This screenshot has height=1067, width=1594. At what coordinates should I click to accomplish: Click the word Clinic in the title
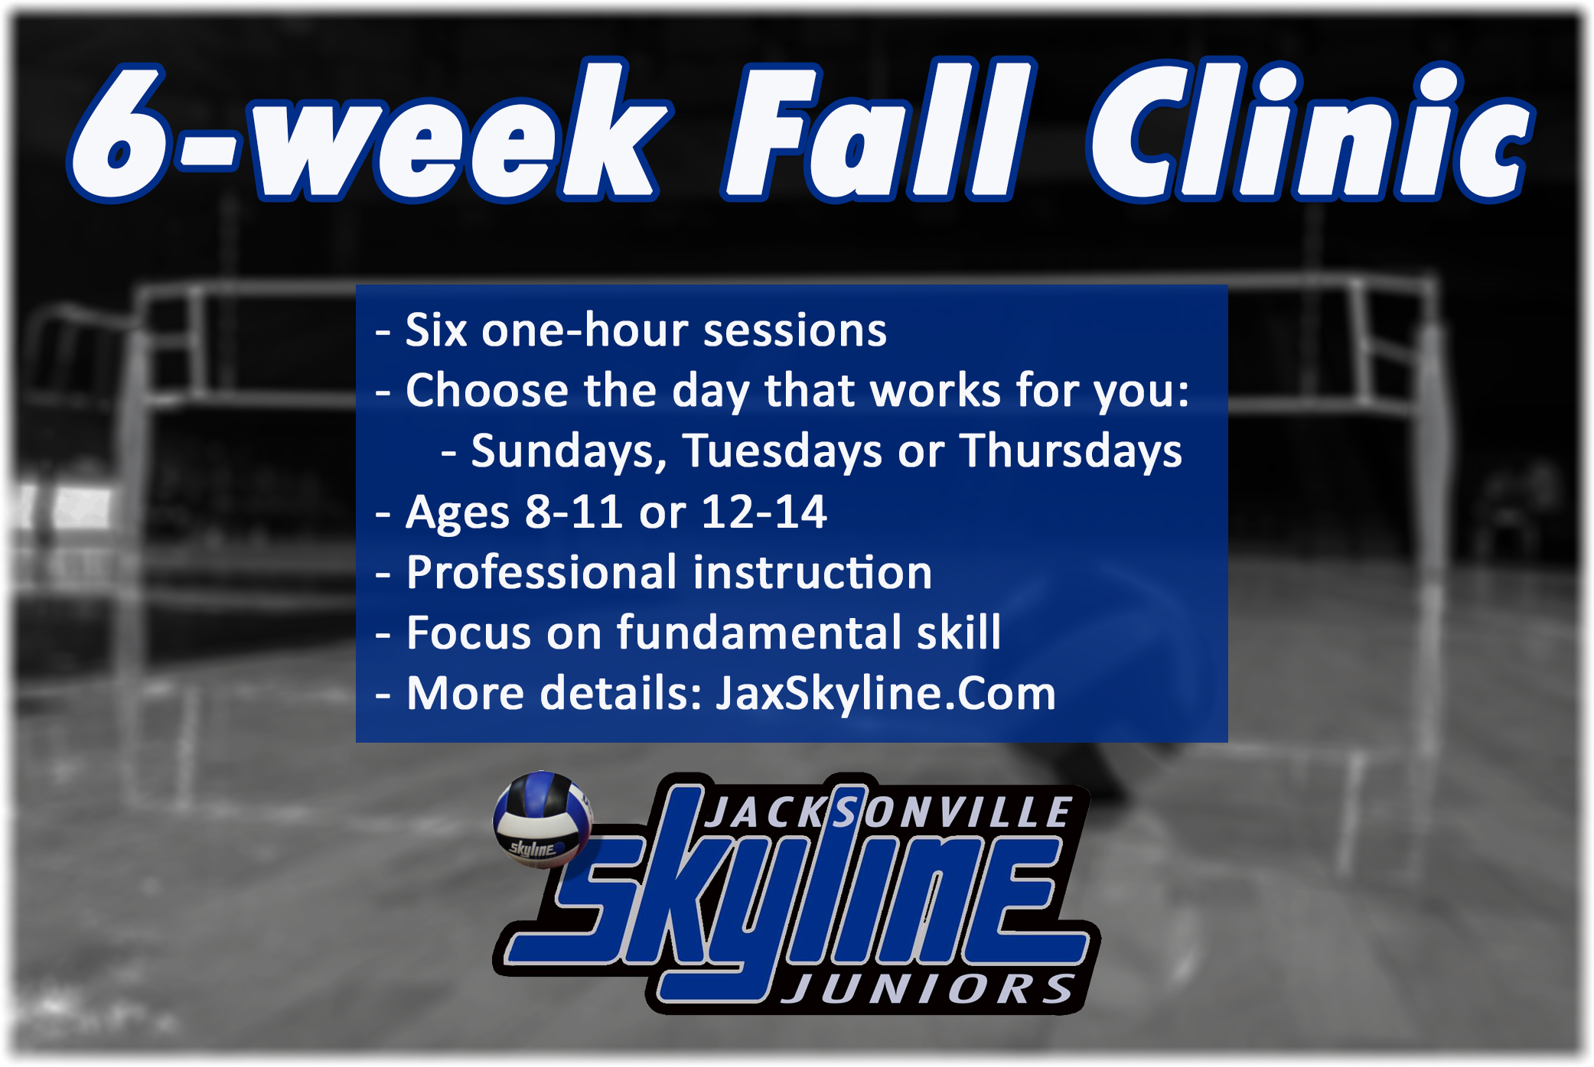[1309, 134]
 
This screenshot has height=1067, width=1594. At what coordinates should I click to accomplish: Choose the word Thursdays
[1071, 451]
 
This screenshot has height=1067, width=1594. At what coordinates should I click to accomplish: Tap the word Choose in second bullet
[487, 391]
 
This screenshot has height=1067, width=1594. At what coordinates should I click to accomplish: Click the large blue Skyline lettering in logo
[804, 903]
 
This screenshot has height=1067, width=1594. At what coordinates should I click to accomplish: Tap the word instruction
[812, 573]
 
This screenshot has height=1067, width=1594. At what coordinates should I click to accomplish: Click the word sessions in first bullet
[795, 331]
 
